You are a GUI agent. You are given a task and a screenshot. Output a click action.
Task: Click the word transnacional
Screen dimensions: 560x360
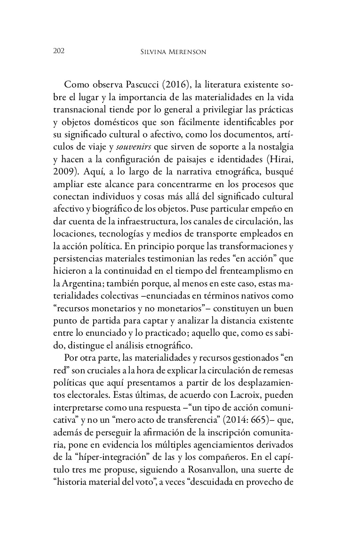[x=86, y=109]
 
